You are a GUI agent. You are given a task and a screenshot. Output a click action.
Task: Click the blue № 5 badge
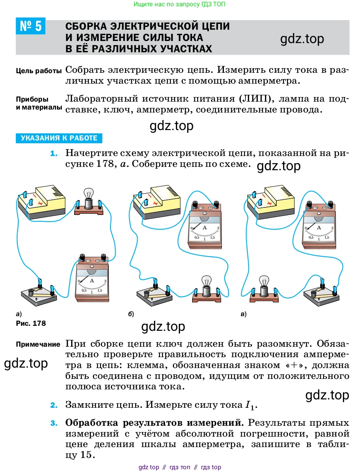[x=30, y=26]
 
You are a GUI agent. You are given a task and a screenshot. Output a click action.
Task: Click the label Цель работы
[x=39, y=71]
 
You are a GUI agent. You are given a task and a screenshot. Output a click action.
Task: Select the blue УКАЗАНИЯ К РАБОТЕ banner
[x=59, y=138]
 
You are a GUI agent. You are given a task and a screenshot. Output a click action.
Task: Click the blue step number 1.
[x=53, y=153]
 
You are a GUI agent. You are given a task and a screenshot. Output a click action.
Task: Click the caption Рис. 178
[x=31, y=323]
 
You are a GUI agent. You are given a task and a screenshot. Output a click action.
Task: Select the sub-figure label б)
[x=131, y=314]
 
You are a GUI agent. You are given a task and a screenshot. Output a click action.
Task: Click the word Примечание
[x=38, y=345]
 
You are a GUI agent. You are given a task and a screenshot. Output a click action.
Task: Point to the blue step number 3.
[x=53, y=423]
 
